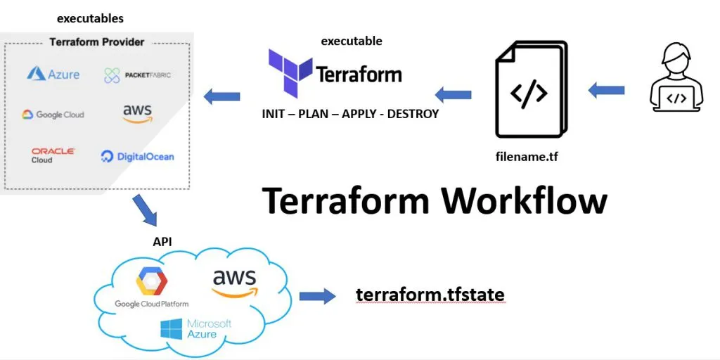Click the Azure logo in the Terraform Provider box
pyautogui.click(x=53, y=74)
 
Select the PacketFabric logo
pyautogui.click(x=137, y=75)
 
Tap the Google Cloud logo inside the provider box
pyautogui.click(x=53, y=115)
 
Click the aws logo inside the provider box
pyautogui.click(x=137, y=112)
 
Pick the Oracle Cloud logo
pyautogui.click(x=53, y=155)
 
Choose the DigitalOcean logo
pyautogui.click(x=137, y=156)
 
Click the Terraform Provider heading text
pyautogui.click(x=96, y=42)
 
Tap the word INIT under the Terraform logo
pyautogui.click(x=274, y=113)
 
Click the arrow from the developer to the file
pyautogui.click(x=606, y=90)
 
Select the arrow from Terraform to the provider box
pyautogui.click(x=221, y=96)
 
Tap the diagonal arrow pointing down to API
pyautogui.click(x=146, y=210)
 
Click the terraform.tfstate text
pyautogui.click(x=430, y=295)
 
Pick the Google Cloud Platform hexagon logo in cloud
pyautogui.click(x=152, y=283)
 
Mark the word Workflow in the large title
pyautogui.click(x=524, y=201)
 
